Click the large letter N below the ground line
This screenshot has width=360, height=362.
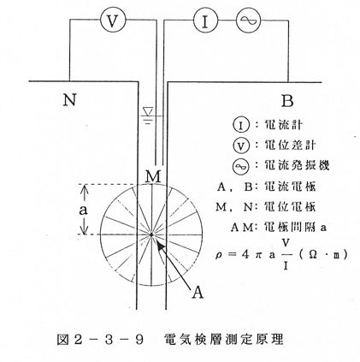tap(69, 100)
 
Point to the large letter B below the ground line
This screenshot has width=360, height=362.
tap(287, 101)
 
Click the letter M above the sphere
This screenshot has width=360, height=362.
tap(153, 176)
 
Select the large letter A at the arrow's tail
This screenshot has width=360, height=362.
tap(198, 292)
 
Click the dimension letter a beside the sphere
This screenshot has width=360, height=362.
tap(83, 211)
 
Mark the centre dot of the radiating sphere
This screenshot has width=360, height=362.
tap(151, 234)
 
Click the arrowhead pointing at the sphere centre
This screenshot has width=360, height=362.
tap(161, 246)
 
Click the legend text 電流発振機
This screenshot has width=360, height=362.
tap(297, 165)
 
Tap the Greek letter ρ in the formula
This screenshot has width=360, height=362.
tap(218, 254)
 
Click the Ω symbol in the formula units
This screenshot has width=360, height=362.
tap(313, 254)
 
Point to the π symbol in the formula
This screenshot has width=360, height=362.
tap(258, 255)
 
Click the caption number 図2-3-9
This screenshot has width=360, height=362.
tap(100, 340)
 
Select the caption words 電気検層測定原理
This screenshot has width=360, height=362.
tap(224, 340)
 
